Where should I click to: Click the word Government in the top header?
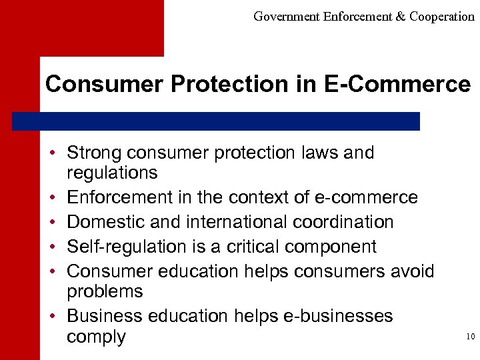pos(286,17)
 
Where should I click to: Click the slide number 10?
pos(470,337)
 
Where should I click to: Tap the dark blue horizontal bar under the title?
pos(216,121)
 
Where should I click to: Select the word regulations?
pos(112,173)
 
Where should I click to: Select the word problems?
pos(105,291)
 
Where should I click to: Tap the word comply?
pos(96,337)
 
